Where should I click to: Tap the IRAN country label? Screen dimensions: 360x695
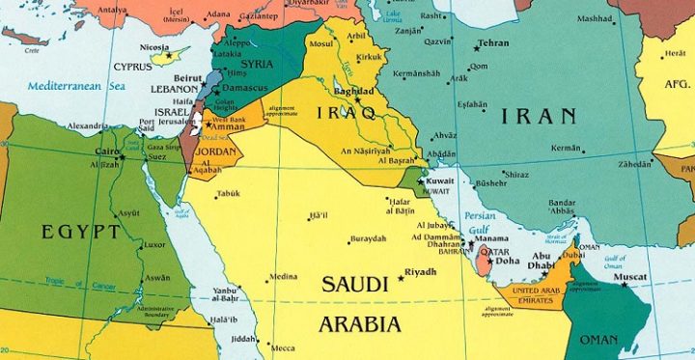pos(540,117)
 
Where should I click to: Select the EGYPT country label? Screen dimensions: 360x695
pos(81,232)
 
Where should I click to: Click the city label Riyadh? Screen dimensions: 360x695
pos(420,271)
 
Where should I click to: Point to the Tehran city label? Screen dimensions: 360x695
pos(492,43)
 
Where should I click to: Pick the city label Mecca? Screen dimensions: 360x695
pos(283,347)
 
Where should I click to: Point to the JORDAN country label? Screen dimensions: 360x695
pos(214,152)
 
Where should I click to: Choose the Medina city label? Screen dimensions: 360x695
pos(283,276)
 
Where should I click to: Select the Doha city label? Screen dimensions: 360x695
pos(507,261)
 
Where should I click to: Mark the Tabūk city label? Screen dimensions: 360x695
pos(228,193)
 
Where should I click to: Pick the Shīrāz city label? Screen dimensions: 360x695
pos(517,174)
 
